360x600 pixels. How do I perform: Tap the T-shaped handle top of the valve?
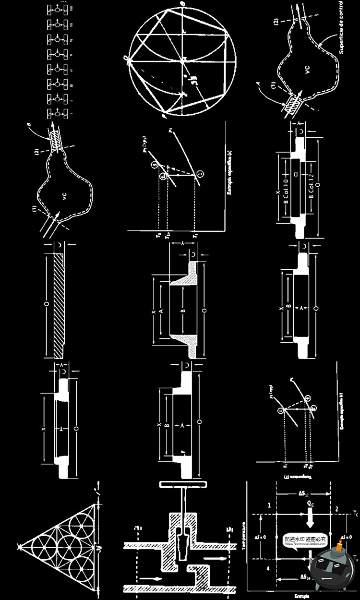[183, 483]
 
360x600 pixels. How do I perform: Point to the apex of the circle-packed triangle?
[18, 546]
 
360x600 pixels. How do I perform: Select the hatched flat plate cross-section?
[58, 307]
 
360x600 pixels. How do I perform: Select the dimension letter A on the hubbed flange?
[162, 311]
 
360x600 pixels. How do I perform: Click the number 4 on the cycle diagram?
[269, 568]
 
